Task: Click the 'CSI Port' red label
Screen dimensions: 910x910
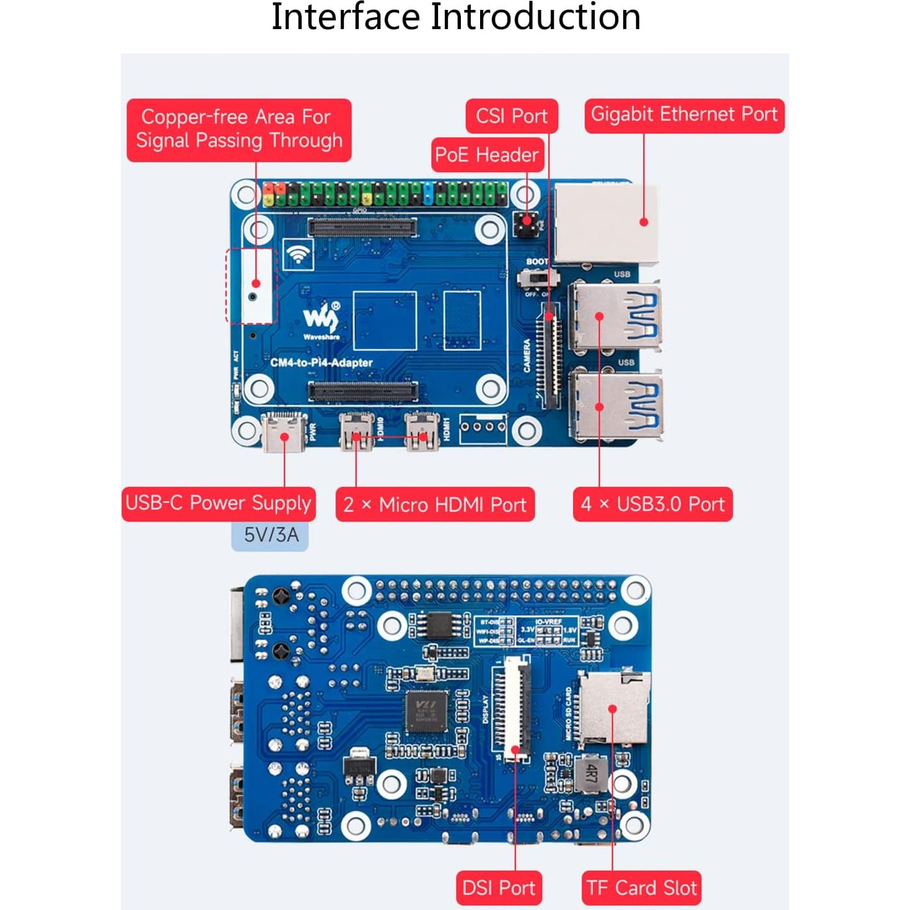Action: (512, 116)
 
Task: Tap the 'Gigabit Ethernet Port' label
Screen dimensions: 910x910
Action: (684, 115)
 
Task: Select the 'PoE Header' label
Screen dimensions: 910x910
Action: (487, 154)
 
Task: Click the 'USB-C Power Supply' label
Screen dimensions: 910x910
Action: (218, 503)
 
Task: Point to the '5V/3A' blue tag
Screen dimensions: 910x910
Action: (270, 535)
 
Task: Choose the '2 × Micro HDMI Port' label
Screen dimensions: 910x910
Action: (434, 504)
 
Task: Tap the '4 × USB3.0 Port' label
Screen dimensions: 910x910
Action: (652, 504)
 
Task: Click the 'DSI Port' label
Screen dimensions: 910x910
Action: (498, 888)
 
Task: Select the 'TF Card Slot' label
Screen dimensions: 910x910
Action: (641, 888)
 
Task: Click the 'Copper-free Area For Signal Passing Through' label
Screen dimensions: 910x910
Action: (239, 129)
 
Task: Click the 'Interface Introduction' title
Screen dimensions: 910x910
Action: (455, 17)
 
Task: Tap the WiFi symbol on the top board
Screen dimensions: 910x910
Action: (298, 254)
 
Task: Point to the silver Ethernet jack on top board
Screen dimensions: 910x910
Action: (606, 224)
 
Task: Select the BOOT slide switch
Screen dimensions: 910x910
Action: (536, 278)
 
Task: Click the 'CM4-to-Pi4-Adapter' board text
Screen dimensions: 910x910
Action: (322, 362)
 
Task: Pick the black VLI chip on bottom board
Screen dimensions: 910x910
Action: (426, 711)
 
